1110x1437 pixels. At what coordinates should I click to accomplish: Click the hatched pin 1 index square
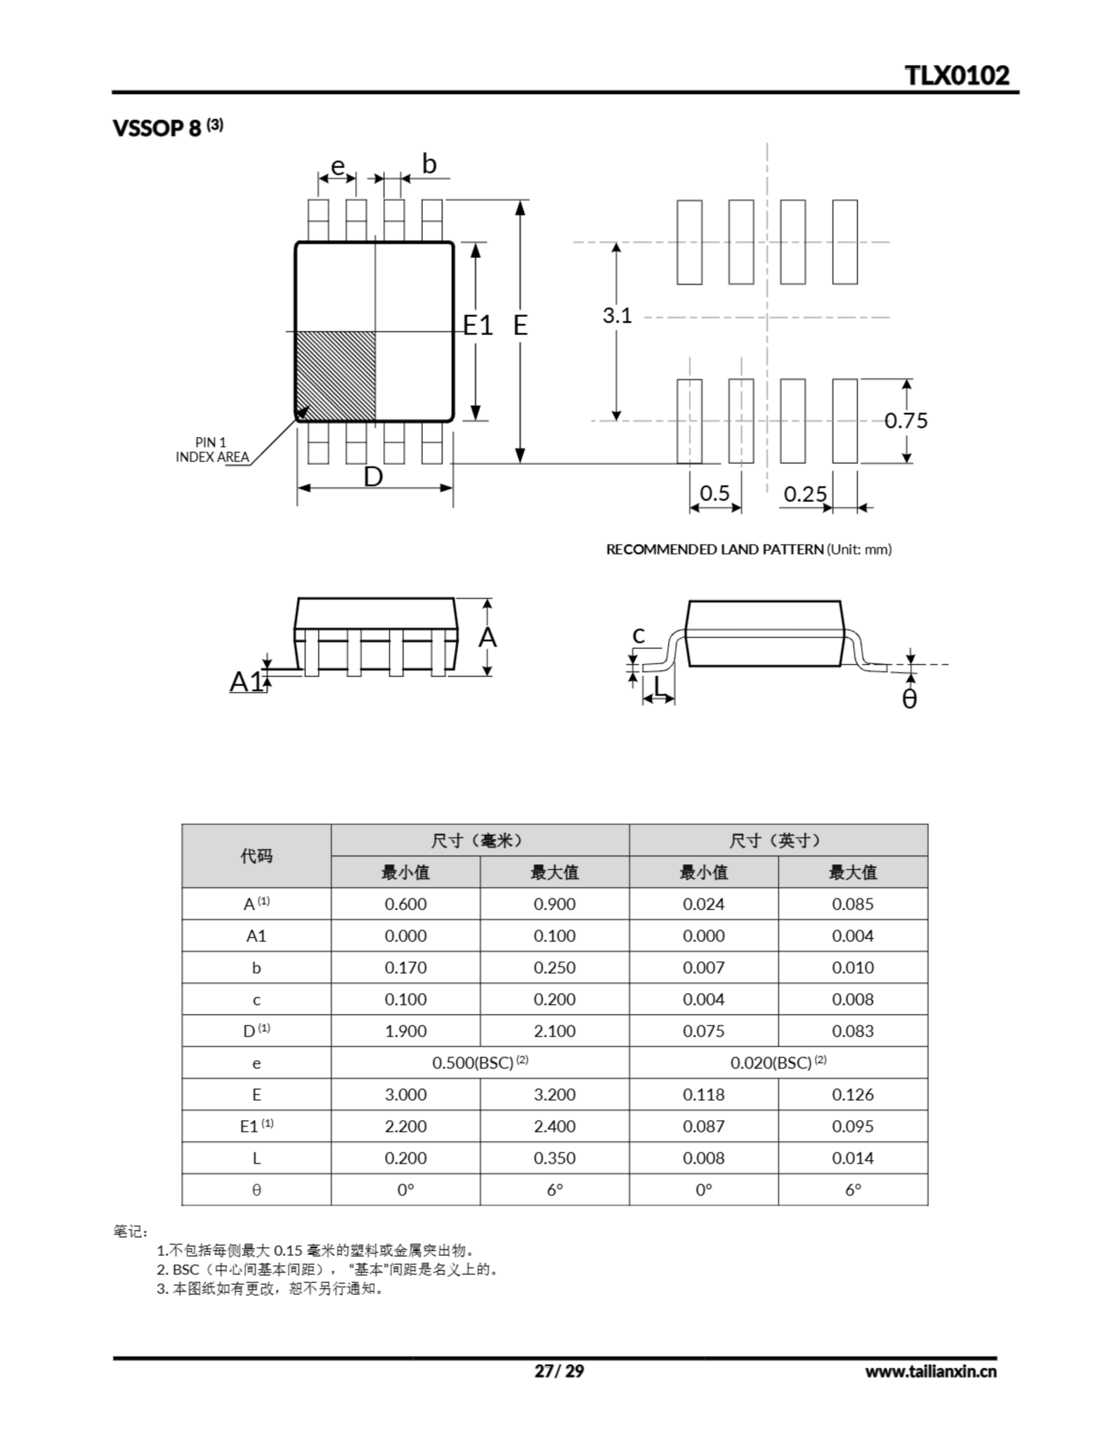tap(336, 376)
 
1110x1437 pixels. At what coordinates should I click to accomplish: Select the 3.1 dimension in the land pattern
tap(617, 316)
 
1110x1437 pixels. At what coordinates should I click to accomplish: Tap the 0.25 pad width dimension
tap(805, 493)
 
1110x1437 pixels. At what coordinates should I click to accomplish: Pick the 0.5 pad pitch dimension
tap(714, 493)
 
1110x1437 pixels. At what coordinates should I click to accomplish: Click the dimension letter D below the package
tap(373, 477)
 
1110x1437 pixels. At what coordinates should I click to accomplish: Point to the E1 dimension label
tap(478, 325)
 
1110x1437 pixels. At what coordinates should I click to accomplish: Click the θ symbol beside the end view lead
tap(909, 699)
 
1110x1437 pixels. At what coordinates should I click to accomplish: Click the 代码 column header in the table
tap(256, 855)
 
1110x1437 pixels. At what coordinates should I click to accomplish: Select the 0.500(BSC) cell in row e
tap(480, 1063)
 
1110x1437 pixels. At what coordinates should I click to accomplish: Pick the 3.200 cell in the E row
tap(554, 1094)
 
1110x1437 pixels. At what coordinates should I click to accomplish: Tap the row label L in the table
tap(256, 1158)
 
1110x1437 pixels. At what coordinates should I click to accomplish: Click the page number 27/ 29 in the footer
tap(558, 1371)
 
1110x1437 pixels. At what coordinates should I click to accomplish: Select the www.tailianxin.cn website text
tap(930, 1371)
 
